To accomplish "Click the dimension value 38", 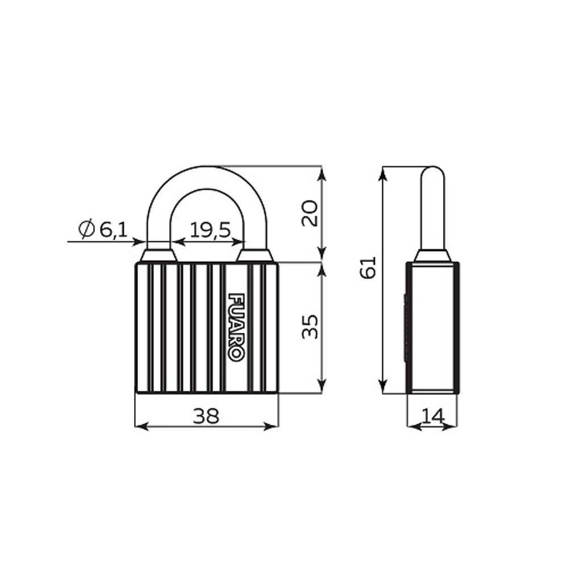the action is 206,416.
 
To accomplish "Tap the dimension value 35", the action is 310,327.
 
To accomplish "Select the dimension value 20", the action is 310,214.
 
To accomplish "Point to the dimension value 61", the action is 368,268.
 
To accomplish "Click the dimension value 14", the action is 433,416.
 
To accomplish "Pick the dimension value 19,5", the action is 210,230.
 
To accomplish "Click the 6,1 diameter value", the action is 114,229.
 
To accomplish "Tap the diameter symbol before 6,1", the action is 86,229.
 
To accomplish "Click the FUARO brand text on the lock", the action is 236,327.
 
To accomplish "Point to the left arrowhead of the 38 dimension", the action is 141,427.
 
